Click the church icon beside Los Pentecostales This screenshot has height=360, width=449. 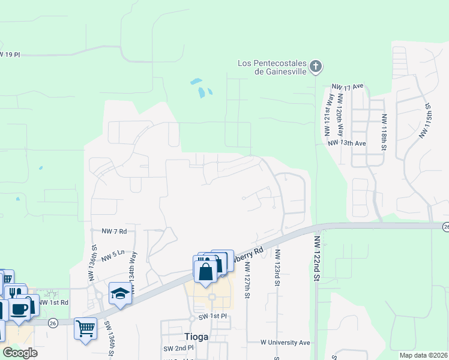tap(316, 66)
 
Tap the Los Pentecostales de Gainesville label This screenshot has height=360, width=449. tap(272, 67)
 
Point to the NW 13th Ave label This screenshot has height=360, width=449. tap(347, 143)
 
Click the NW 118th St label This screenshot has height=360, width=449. tap(384, 132)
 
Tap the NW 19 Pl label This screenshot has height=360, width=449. tap(10, 55)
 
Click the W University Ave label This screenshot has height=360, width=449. tap(285, 342)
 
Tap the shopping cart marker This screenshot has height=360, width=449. tap(85, 328)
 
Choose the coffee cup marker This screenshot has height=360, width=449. tap(20, 310)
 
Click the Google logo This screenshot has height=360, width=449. tap(19, 352)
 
